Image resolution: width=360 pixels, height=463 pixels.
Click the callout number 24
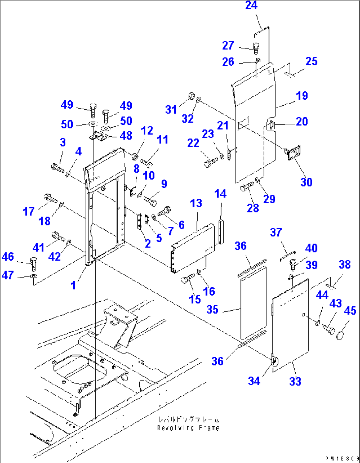pyautogui.click(x=251, y=5)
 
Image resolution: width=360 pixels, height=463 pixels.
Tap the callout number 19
pyautogui.click(x=302, y=96)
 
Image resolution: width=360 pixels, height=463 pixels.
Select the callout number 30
pyautogui.click(x=306, y=182)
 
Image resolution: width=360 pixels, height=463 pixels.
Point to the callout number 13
pyautogui.click(x=196, y=203)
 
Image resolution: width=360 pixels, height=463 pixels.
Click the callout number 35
pyautogui.click(x=212, y=310)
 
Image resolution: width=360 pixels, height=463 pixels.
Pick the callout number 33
pyautogui.click(x=295, y=381)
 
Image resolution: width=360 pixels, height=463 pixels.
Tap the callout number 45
pyautogui.click(x=350, y=311)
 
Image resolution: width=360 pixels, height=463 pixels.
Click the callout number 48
pyautogui.click(x=126, y=136)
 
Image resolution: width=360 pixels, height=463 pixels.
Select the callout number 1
pyautogui.click(x=73, y=285)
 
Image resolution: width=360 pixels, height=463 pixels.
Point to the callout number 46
pyautogui.click(x=8, y=257)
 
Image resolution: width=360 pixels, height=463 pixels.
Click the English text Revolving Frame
pyautogui.click(x=188, y=428)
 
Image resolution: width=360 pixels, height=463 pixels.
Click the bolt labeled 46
pyautogui.click(x=33, y=262)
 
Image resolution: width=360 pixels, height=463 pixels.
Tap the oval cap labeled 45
pyautogui.click(x=340, y=336)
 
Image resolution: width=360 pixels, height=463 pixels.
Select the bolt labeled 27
pyautogui.click(x=256, y=48)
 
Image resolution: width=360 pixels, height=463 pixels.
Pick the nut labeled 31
pyautogui.click(x=191, y=96)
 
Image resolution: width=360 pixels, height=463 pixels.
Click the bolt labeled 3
pyautogui.click(x=58, y=167)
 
